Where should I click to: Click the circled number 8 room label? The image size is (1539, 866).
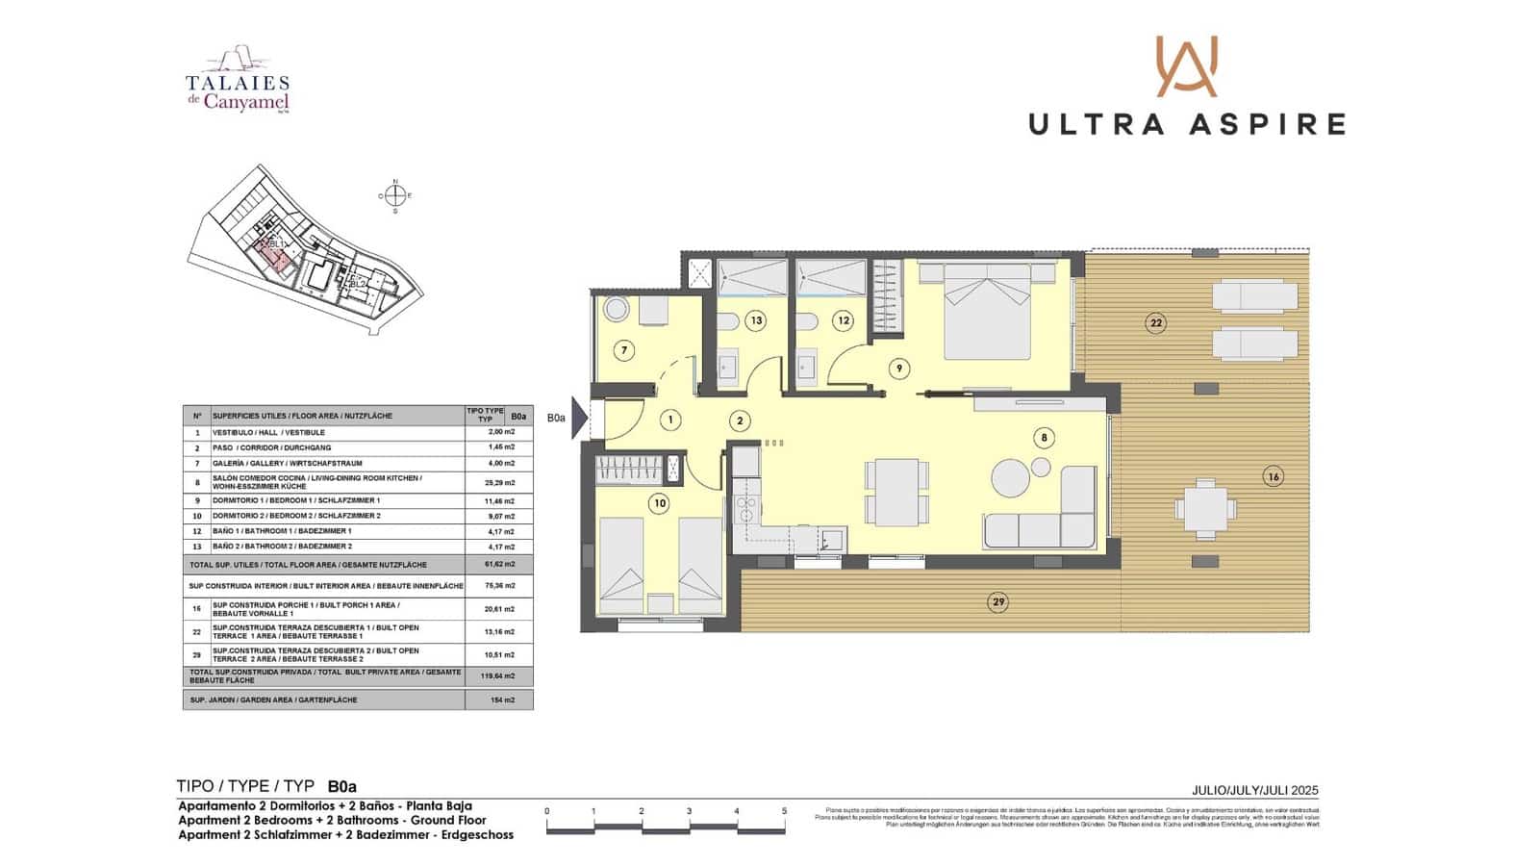tap(1045, 438)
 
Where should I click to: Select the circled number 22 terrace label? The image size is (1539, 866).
tap(1156, 323)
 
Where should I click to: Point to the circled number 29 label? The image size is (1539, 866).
tap(998, 602)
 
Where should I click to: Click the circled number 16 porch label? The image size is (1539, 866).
tap(1274, 476)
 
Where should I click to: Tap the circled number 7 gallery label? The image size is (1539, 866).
tap(624, 350)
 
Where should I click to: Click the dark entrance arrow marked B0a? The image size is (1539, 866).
tap(579, 418)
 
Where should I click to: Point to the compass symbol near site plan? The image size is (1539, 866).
tap(394, 195)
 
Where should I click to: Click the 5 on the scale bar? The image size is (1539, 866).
tap(784, 811)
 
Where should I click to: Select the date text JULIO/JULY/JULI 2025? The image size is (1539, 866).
tap(1254, 790)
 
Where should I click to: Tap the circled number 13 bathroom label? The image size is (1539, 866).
tap(755, 320)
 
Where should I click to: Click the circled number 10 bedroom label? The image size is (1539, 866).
tap(659, 502)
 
